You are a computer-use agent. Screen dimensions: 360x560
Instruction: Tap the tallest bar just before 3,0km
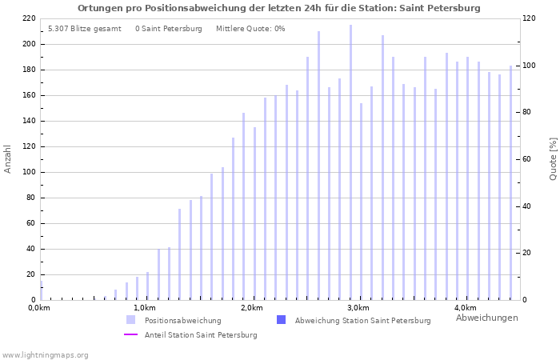coord(350,160)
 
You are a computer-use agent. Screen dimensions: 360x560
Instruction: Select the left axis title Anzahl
coord(8,158)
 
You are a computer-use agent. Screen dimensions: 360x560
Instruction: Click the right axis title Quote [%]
coord(553,158)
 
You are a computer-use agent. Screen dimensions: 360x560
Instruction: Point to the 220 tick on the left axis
coord(28,18)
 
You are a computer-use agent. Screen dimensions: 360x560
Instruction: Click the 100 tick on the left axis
coord(28,172)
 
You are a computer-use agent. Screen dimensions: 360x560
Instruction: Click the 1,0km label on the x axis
coord(144,308)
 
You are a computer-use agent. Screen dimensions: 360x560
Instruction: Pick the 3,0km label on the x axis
coord(358,308)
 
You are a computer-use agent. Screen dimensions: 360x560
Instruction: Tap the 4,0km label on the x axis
coord(465,308)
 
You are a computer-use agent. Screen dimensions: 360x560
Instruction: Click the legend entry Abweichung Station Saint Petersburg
coord(362,320)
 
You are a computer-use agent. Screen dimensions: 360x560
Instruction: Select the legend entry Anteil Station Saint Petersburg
coord(201,334)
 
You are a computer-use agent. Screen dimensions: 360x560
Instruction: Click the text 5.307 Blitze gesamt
coord(85,29)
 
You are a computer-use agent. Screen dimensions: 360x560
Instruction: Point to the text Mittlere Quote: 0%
coord(250,29)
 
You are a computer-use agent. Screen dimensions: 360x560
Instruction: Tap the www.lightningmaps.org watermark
coord(46,354)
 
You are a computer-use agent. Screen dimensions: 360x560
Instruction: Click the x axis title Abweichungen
coord(486,318)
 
